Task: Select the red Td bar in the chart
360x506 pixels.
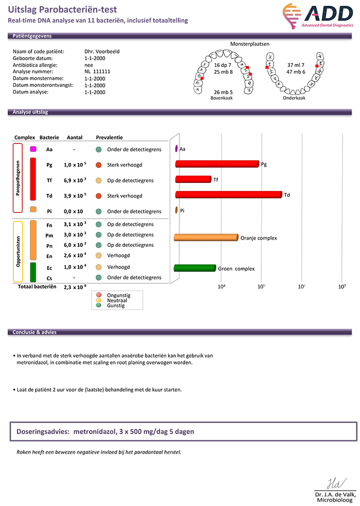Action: click(229, 194)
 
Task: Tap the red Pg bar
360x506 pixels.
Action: click(217, 164)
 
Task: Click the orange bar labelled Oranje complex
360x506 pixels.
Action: click(206, 238)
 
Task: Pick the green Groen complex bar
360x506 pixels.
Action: click(195, 268)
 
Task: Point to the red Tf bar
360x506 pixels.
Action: click(193, 179)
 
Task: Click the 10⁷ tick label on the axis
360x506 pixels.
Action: click(341, 286)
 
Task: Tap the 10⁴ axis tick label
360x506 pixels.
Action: click(222, 286)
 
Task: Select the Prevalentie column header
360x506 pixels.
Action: click(110, 138)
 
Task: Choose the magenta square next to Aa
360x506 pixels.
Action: click(33, 149)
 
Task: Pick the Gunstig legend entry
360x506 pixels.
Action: click(116, 305)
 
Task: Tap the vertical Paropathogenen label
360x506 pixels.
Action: click(19, 178)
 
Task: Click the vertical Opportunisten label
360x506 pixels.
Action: click(19, 251)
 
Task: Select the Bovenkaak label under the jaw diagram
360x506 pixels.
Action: click(222, 98)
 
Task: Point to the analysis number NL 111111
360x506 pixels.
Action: click(98, 71)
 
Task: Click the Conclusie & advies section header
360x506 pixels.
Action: click(35, 332)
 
